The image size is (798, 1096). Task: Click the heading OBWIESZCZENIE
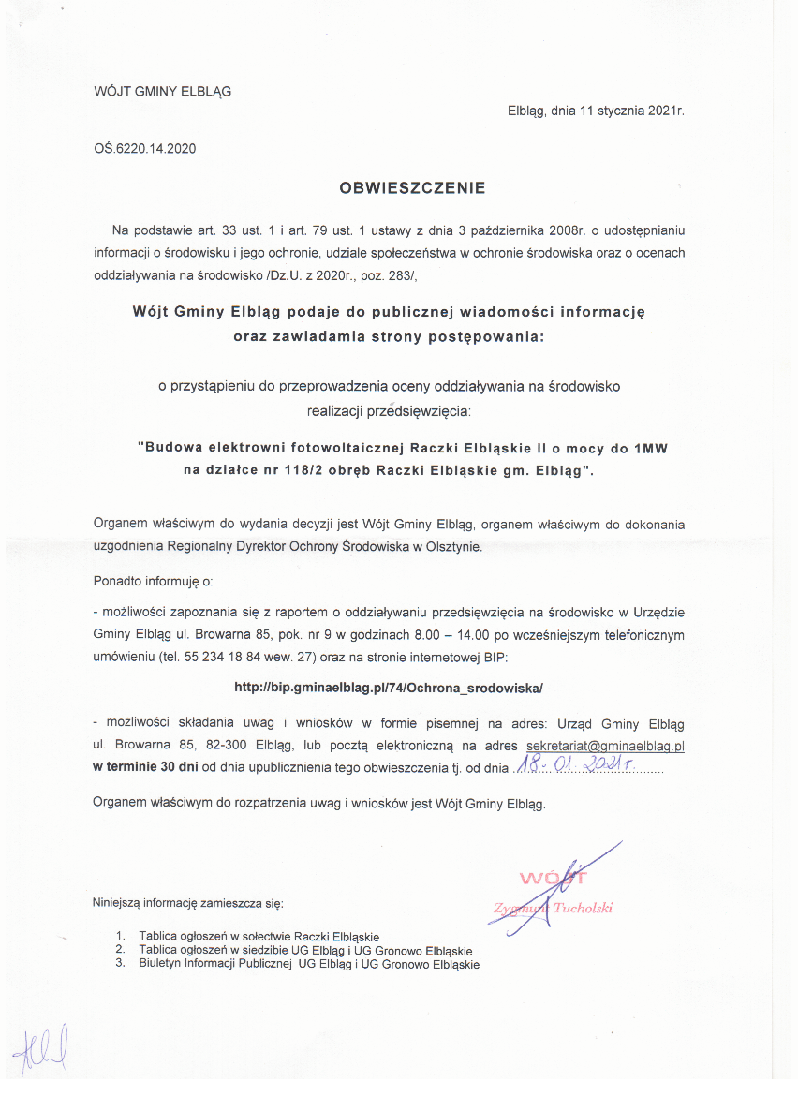(412, 187)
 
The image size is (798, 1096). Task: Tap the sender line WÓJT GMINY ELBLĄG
(163, 92)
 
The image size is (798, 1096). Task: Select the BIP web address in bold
(389, 687)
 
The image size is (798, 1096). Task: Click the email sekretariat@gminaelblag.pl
(606, 746)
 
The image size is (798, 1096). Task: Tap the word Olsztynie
(451, 545)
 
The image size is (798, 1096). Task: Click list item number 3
(121, 964)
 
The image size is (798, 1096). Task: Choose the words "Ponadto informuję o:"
(154, 581)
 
